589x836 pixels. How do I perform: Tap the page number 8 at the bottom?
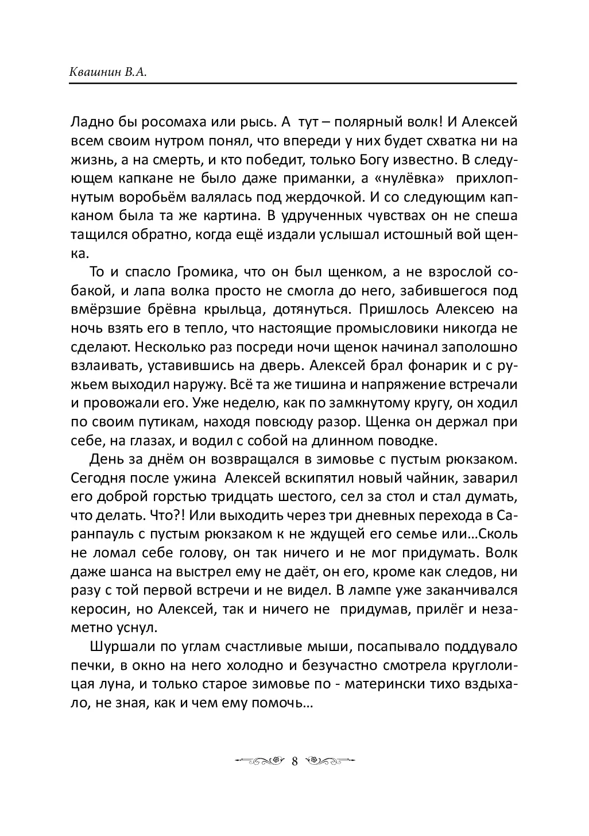tap(294, 761)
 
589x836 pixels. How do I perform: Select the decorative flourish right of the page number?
tap(327, 761)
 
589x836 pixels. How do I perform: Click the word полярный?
tap(371, 122)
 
